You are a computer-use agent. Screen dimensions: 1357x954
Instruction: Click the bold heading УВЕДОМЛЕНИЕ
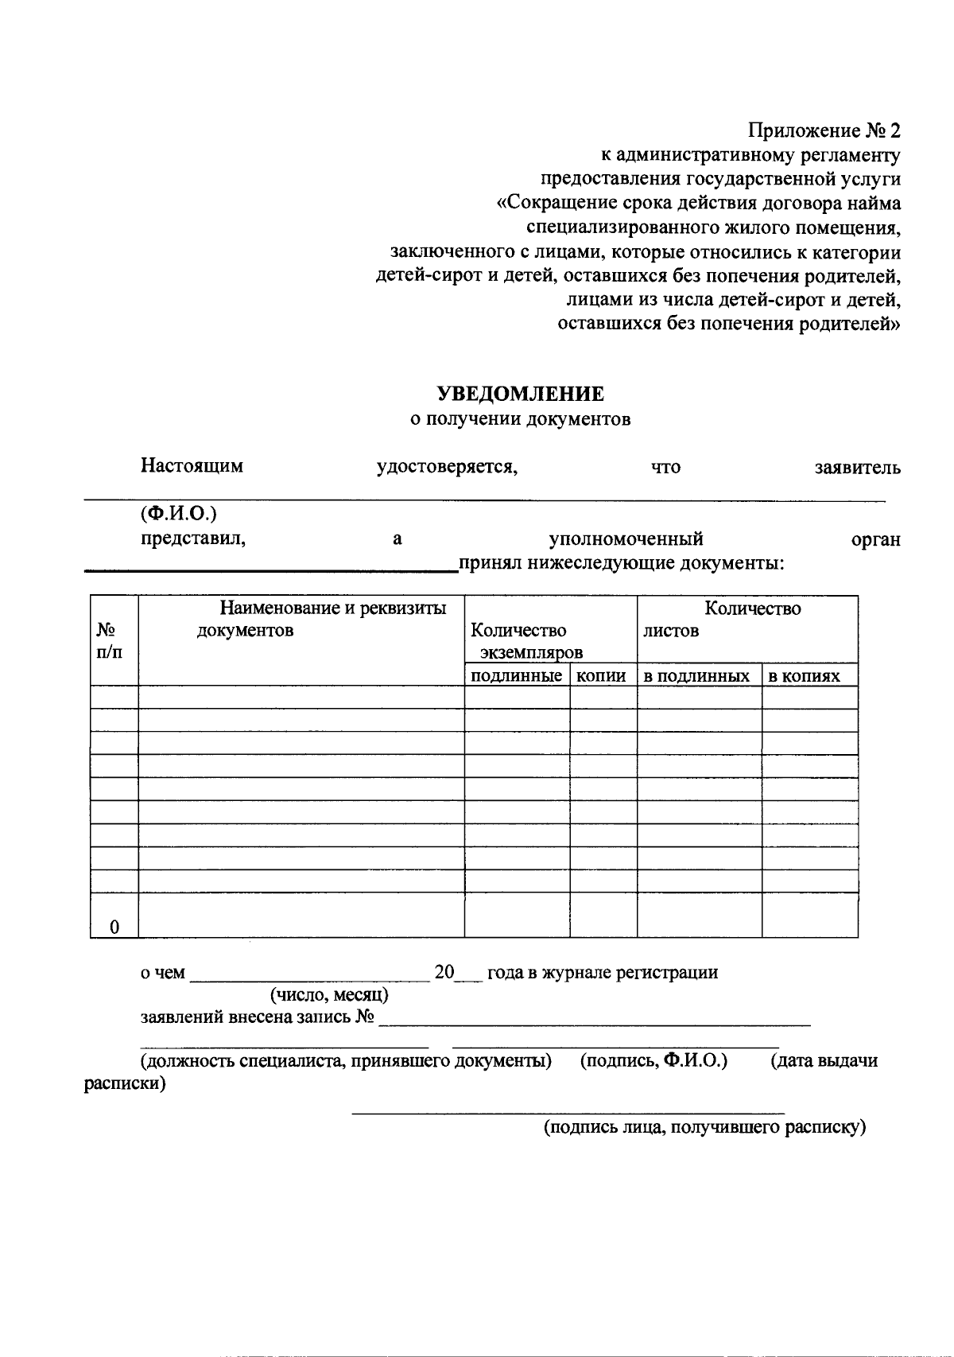(x=521, y=394)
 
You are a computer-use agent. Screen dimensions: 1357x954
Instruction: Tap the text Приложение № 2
(x=824, y=130)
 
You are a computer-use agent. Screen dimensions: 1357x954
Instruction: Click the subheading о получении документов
(x=521, y=419)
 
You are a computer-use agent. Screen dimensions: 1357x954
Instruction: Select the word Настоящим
(x=192, y=466)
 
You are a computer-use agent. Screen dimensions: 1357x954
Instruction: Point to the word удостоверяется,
(x=447, y=467)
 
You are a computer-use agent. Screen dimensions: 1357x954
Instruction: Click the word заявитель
(x=857, y=468)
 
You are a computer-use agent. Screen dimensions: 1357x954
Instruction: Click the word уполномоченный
(x=626, y=539)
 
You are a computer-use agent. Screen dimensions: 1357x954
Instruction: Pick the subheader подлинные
(x=516, y=676)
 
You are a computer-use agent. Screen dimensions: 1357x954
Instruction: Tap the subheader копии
(x=601, y=676)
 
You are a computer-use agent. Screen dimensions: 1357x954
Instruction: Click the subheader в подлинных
(x=696, y=676)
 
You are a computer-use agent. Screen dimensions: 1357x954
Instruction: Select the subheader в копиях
(x=804, y=676)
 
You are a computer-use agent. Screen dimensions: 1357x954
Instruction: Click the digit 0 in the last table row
(x=114, y=927)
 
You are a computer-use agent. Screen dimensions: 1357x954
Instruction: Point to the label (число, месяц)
(x=328, y=994)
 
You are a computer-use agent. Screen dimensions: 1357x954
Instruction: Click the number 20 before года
(x=444, y=972)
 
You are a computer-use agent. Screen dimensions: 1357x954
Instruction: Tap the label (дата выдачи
(x=824, y=1060)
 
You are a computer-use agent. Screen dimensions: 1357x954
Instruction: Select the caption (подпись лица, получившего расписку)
(x=704, y=1127)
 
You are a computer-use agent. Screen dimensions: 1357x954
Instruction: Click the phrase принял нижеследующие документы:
(x=621, y=564)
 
